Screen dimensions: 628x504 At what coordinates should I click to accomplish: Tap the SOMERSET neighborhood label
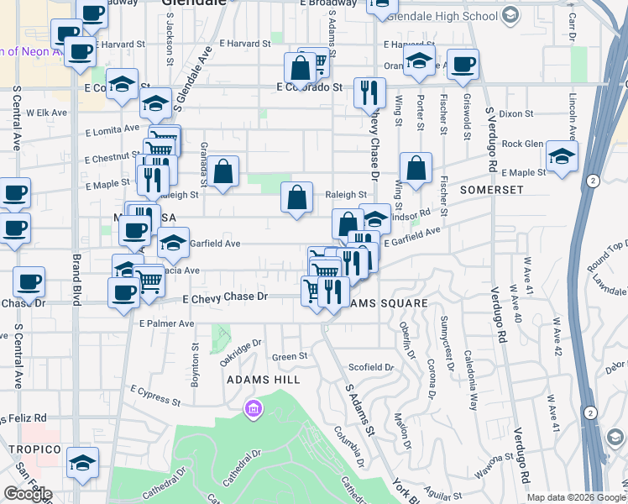pyautogui.click(x=491, y=190)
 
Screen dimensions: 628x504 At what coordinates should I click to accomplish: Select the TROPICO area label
pyautogui.click(x=36, y=449)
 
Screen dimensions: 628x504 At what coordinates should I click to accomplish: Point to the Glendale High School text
pyautogui.click(x=444, y=16)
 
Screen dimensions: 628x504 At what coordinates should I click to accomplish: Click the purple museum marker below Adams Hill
pyautogui.click(x=252, y=410)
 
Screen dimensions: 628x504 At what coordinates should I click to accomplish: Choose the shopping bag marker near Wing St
pyautogui.click(x=416, y=168)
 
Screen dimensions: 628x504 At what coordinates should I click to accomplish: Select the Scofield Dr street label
pyautogui.click(x=371, y=367)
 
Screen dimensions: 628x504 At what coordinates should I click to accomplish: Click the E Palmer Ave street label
pyautogui.click(x=167, y=323)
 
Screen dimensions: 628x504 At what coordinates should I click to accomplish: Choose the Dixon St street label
pyautogui.click(x=516, y=113)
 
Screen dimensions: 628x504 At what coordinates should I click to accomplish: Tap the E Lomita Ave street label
pyautogui.click(x=112, y=129)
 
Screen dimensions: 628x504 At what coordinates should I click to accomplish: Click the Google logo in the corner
pyautogui.click(x=28, y=494)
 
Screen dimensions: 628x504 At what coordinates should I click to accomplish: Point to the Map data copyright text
pyautogui.click(x=575, y=497)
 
